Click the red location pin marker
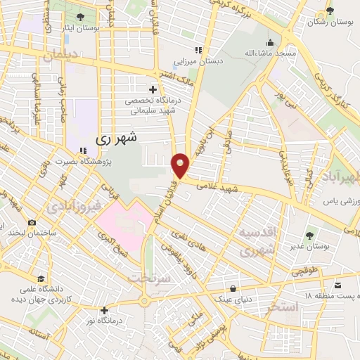pyautogui.click(x=181, y=165)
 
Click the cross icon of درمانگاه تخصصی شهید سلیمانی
pyautogui.click(x=153, y=89)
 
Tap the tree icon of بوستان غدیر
pyautogui.click(x=309, y=234)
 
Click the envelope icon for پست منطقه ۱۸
pyautogui.click(x=338, y=285)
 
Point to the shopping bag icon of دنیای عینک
pyautogui.click(x=233, y=287)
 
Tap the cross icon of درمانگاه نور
pyautogui.click(x=104, y=309)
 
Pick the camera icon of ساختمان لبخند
pyautogui.click(x=32, y=222)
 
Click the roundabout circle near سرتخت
pyautogui.click(x=144, y=300)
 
